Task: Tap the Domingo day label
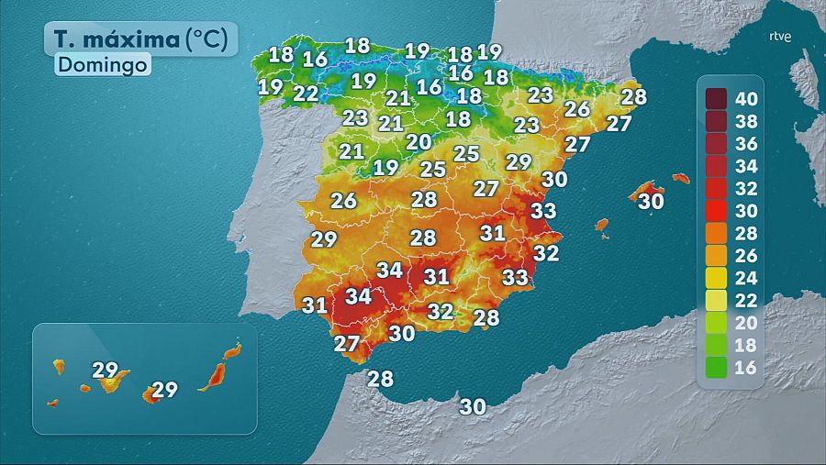coord(102,66)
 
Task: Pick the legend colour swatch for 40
coord(717,98)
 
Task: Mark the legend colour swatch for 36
coord(717,143)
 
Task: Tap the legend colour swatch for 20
coord(717,322)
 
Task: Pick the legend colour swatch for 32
coord(717,188)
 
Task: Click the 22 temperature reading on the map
coord(307,94)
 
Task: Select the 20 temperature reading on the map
coord(419,142)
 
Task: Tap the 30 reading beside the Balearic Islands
coord(651,201)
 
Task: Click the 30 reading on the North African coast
coord(473,406)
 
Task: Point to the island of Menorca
coord(680,178)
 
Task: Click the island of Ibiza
coord(602,225)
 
